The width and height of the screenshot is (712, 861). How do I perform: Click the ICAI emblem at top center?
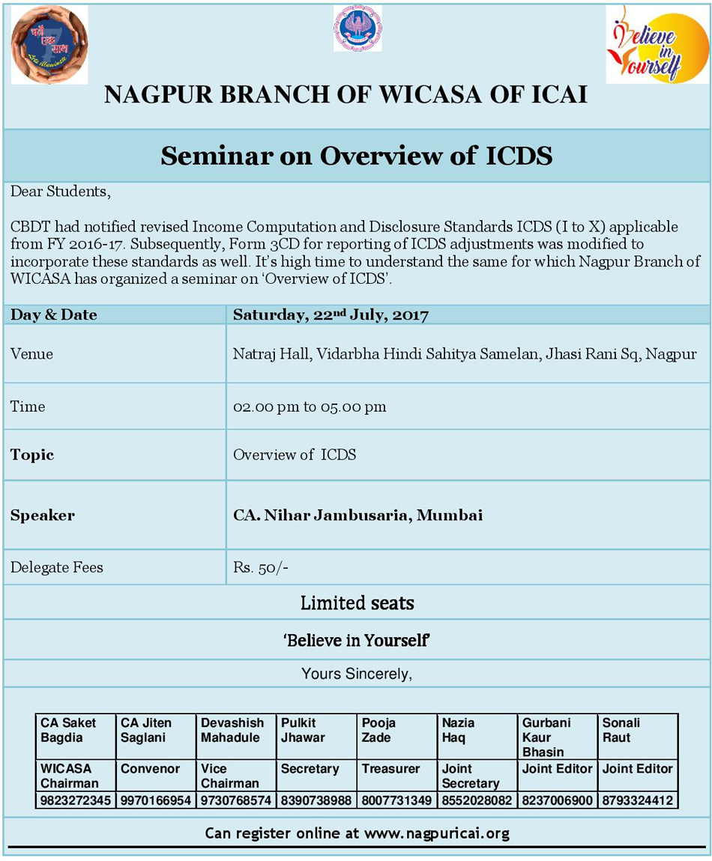pyautogui.click(x=357, y=28)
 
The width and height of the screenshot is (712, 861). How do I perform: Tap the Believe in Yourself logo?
pyautogui.click(x=647, y=44)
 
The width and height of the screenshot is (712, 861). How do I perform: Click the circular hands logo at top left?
pyautogui.click(x=49, y=44)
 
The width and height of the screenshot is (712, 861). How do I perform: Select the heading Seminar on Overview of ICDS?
pyautogui.click(x=357, y=156)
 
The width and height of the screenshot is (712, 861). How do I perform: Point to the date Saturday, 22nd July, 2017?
pyautogui.click(x=331, y=315)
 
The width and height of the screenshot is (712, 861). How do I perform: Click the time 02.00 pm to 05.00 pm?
pyautogui.click(x=310, y=407)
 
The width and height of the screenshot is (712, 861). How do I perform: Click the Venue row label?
pyautogui.click(x=31, y=353)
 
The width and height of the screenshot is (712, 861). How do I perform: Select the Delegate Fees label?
pyautogui.click(x=57, y=568)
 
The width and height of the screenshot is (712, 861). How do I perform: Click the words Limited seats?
pyautogui.click(x=357, y=603)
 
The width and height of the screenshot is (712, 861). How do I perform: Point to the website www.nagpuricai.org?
pyautogui.click(x=437, y=833)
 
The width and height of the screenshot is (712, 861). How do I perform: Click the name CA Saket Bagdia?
pyautogui.click(x=68, y=730)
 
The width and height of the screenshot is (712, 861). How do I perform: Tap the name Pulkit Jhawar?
pyautogui.click(x=303, y=730)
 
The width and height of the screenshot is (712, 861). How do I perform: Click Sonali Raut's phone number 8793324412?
pyautogui.click(x=638, y=800)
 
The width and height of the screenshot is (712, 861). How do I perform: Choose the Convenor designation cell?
pyautogui.click(x=151, y=769)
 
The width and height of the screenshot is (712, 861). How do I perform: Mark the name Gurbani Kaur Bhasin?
pyautogui.click(x=546, y=737)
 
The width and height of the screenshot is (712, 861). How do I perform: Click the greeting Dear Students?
pyautogui.click(x=61, y=192)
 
